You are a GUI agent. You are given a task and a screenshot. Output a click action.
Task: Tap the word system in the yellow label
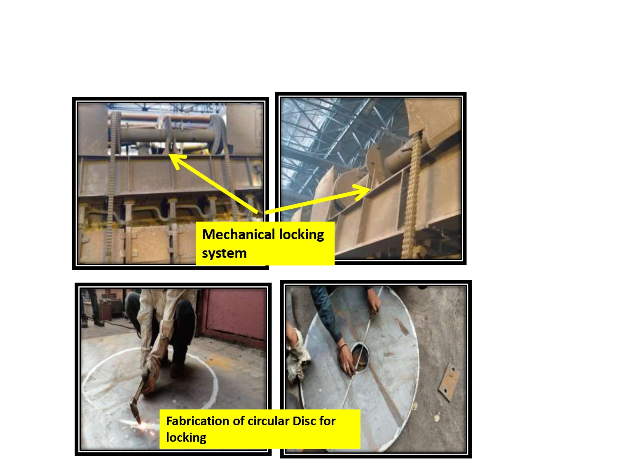coord(224,253)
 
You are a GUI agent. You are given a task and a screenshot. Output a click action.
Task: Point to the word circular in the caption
coord(268,421)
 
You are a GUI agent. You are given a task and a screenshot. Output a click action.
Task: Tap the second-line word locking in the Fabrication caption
coord(186,438)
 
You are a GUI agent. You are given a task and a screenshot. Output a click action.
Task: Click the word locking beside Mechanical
coord(302,235)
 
